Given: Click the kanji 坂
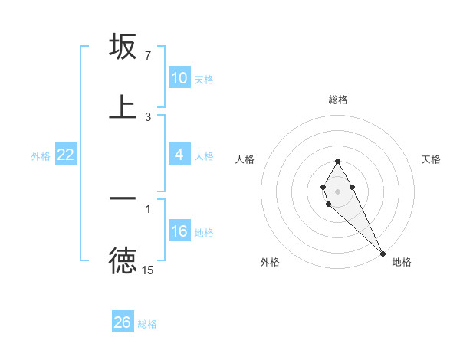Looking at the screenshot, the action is [x=123, y=47].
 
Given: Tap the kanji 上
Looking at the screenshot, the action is [x=123, y=107].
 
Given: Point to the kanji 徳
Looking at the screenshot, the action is [x=123, y=261].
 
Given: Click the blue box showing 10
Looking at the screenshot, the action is [x=179, y=78].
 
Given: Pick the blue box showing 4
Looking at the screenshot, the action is [x=179, y=155].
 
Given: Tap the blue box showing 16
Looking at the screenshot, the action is [x=179, y=232].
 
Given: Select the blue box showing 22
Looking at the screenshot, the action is [x=66, y=155].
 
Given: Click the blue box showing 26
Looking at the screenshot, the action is [x=123, y=322].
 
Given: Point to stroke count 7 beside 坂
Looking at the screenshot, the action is [x=147, y=56].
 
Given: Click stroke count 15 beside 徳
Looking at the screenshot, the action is [x=148, y=270].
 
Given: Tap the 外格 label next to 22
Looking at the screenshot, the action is [x=41, y=156].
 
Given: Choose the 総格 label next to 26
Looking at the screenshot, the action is [x=147, y=323].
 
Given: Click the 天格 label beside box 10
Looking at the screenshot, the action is [x=204, y=79].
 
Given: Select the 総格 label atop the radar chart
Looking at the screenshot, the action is [x=338, y=100].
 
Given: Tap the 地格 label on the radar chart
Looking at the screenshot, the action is [x=402, y=262].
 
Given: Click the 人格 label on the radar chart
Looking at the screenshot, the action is [x=244, y=159].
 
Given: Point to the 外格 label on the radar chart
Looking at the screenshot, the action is [x=270, y=262].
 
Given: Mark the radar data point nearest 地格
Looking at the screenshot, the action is [x=383, y=253].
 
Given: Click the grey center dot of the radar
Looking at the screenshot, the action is [x=337, y=190].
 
